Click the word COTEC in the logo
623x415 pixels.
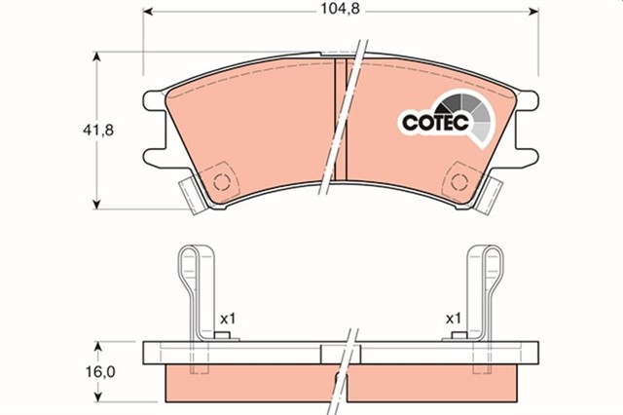click(x=433, y=123)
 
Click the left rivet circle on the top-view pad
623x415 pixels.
click(x=221, y=181)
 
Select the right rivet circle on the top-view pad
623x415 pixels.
click(x=458, y=181)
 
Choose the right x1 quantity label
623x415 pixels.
click(x=453, y=319)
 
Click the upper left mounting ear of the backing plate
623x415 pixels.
click(x=152, y=100)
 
